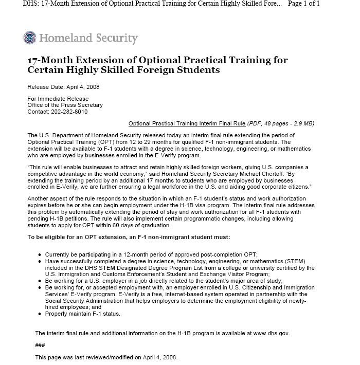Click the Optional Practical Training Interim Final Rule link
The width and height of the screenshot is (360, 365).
(187, 123)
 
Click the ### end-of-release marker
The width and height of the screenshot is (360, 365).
(40, 345)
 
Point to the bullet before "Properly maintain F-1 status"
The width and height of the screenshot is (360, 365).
(40, 314)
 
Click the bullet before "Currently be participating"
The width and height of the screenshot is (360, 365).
(40, 255)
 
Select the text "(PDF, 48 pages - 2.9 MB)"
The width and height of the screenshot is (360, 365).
(281, 123)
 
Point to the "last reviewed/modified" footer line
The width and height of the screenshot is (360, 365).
(105, 357)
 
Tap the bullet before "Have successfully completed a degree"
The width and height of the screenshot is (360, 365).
(40, 262)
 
